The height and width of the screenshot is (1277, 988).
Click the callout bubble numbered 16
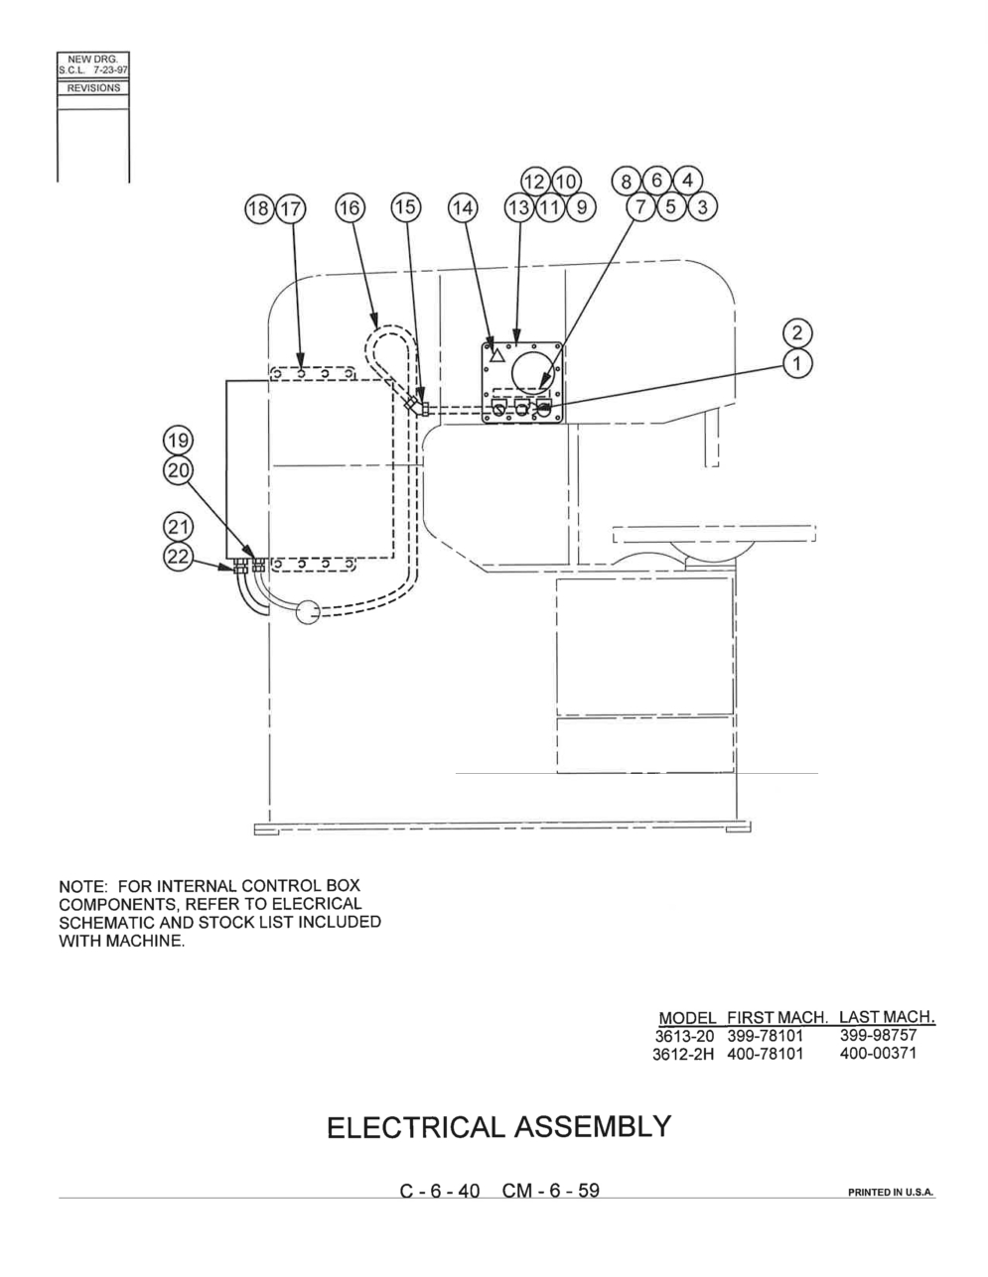click(350, 207)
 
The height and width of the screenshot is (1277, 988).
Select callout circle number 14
click(464, 207)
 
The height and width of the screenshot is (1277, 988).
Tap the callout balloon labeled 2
click(797, 333)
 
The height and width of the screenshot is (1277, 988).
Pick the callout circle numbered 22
click(178, 556)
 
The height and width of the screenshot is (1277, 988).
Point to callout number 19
click(178, 441)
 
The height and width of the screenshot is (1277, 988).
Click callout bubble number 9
click(581, 207)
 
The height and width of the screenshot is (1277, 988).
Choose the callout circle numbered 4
click(687, 181)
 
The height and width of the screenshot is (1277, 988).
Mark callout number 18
click(259, 208)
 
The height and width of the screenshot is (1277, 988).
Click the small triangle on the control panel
click(496, 355)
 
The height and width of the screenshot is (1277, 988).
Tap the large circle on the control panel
click(536, 372)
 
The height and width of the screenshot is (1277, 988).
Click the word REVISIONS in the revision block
click(93, 88)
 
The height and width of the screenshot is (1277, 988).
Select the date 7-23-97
click(110, 69)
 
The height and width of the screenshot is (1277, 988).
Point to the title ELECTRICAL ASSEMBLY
click(498, 1126)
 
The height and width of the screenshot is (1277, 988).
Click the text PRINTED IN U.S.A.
click(891, 1193)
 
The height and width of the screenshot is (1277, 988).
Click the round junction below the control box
click(308, 612)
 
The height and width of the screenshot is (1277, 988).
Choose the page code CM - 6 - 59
click(550, 1191)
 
